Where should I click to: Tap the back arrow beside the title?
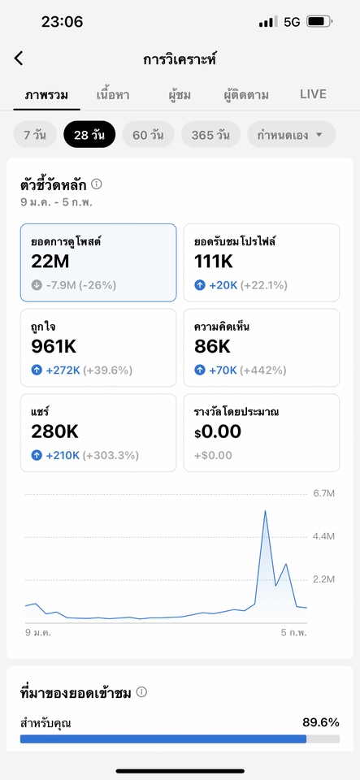pos(19,58)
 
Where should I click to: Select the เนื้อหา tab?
pos(113,94)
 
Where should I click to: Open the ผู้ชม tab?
pos(176,94)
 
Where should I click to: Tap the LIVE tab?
pos(313,94)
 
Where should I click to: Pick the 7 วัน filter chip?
pos(35,135)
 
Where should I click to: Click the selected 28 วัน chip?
pos(89,135)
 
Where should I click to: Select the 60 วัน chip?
pos(148,135)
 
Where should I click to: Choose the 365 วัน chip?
pos(210,135)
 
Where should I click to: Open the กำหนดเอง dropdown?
pos(291,135)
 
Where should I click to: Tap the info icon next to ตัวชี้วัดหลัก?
pos(97,184)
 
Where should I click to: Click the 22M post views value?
pos(50,261)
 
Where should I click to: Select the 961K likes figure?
pos(54,347)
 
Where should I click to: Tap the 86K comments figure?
pos(213,347)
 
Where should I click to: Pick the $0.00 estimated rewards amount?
pos(218,431)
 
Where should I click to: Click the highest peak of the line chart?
pos(265,511)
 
